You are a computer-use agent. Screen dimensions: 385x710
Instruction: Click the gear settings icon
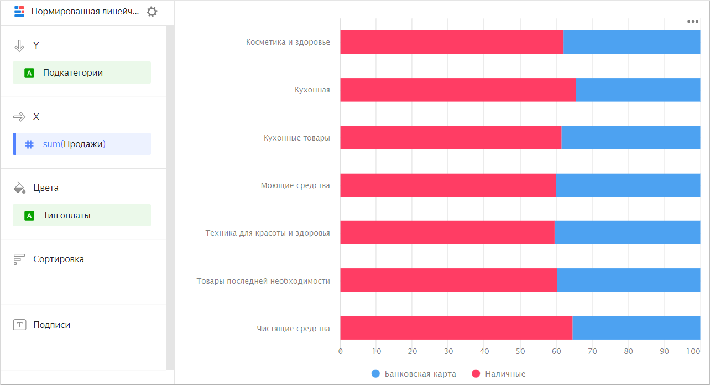[152, 12]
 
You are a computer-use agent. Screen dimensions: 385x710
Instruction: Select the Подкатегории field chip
[81, 72]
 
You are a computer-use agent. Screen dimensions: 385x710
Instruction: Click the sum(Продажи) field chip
[82, 144]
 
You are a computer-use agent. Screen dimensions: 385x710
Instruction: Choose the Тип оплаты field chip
[81, 215]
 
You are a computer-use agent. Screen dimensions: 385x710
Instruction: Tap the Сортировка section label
[58, 259]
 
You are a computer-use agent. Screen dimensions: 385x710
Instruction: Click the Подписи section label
[51, 325]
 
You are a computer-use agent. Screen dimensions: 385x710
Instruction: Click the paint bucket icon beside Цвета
[19, 188]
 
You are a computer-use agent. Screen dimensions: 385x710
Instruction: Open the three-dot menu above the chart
[692, 22]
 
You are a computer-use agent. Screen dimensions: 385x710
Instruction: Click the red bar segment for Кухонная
[457, 90]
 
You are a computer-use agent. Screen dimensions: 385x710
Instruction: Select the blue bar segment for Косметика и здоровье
[631, 42]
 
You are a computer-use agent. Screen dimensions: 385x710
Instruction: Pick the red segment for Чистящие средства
[456, 328]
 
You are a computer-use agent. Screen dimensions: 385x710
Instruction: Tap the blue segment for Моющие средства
[628, 185]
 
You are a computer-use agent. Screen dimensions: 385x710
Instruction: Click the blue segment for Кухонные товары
[630, 138]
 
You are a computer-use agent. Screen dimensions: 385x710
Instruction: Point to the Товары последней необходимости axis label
[263, 281]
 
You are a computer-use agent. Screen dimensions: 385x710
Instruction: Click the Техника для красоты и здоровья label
[268, 233]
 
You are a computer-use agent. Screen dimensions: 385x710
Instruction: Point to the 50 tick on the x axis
[520, 351]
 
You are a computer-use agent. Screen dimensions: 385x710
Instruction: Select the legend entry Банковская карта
[414, 374]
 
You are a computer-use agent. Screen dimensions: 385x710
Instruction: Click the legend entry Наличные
[499, 374]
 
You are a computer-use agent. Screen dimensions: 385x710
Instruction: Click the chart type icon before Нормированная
[19, 12]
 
